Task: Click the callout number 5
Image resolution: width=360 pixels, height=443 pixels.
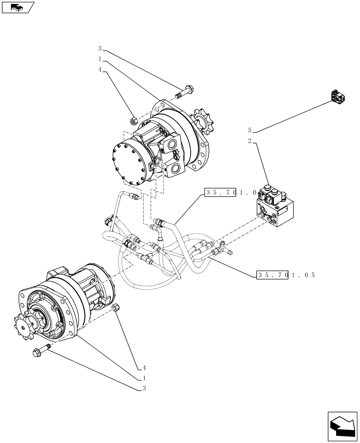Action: [250, 130]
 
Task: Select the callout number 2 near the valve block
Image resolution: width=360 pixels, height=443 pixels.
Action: [250, 141]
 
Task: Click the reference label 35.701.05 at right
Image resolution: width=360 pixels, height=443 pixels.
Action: [286, 275]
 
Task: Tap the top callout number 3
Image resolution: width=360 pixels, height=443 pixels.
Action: [100, 48]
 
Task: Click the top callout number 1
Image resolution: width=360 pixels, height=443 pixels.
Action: [100, 59]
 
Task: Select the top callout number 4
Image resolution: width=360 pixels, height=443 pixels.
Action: [100, 70]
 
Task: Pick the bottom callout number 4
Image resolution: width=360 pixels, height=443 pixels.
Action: [144, 368]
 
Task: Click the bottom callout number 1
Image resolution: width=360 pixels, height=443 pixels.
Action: [144, 378]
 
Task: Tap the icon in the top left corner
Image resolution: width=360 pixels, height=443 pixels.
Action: [17, 7]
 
